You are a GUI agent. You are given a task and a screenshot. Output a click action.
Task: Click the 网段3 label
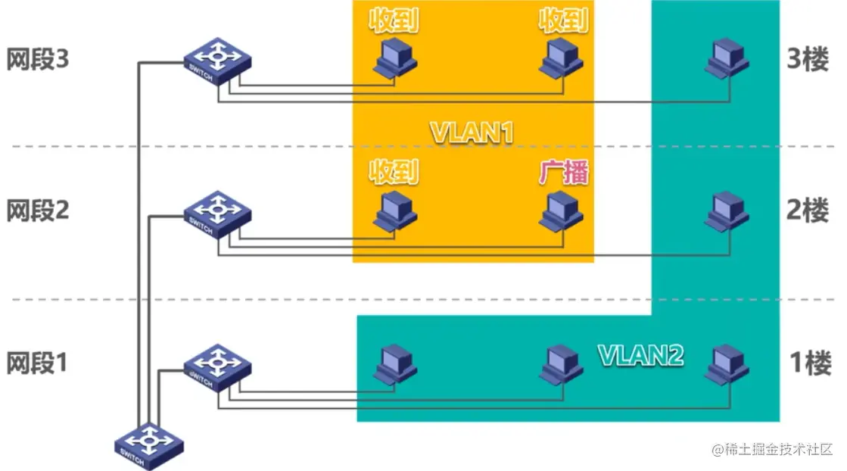(38, 60)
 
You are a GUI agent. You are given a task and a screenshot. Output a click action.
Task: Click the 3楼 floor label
(808, 60)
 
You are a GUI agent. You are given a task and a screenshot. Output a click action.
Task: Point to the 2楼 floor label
(808, 211)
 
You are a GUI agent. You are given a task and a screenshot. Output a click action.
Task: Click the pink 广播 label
(563, 172)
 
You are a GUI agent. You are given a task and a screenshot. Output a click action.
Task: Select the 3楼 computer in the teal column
(727, 59)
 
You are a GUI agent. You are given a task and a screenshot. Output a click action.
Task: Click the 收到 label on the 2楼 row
(394, 172)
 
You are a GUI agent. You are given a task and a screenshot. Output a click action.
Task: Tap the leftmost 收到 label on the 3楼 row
(394, 20)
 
